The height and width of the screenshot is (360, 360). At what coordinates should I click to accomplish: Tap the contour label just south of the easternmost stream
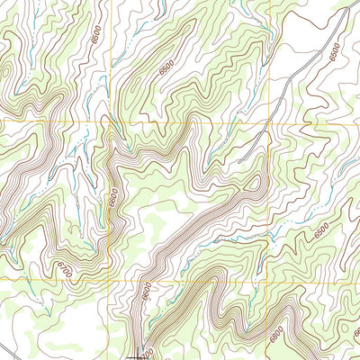pyautogui.click(x=321, y=232)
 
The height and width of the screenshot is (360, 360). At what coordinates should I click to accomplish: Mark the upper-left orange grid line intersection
pyautogui.click(x=110, y=121)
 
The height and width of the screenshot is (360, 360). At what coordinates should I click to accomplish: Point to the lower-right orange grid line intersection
pyautogui.click(x=269, y=280)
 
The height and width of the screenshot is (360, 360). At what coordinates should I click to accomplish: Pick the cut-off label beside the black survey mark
pyautogui.click(x=149, y=355)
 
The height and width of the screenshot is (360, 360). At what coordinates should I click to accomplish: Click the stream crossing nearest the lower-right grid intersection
pyautogui.click(x=278, y=280)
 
